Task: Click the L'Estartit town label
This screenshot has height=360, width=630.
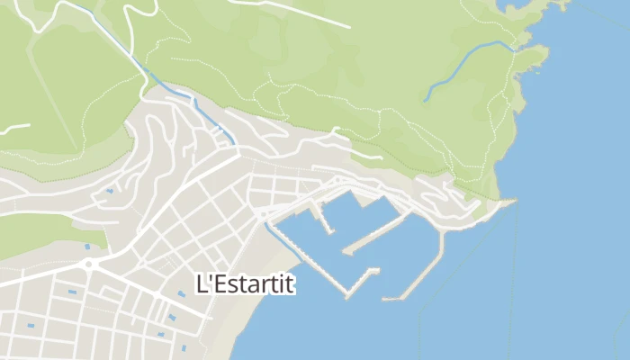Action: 246,283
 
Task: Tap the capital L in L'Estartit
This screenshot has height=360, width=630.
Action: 202,283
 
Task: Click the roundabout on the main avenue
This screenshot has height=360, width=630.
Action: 89,265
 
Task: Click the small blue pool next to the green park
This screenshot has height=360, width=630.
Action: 87,247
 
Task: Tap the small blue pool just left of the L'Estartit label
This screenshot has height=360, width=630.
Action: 180,293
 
